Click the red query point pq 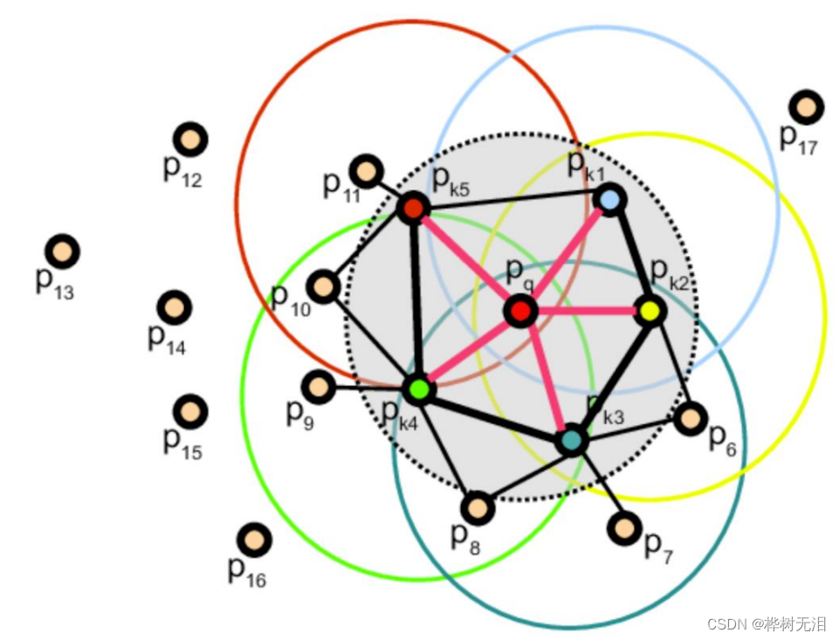520,311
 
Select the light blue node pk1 610,200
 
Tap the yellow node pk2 649,311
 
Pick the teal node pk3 572,440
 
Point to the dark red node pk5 412,208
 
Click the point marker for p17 806,107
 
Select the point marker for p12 189,139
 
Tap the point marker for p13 62,252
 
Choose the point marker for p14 175,307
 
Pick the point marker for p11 367,170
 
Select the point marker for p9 318,386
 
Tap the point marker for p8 478,507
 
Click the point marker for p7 624,527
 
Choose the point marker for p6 691,419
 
